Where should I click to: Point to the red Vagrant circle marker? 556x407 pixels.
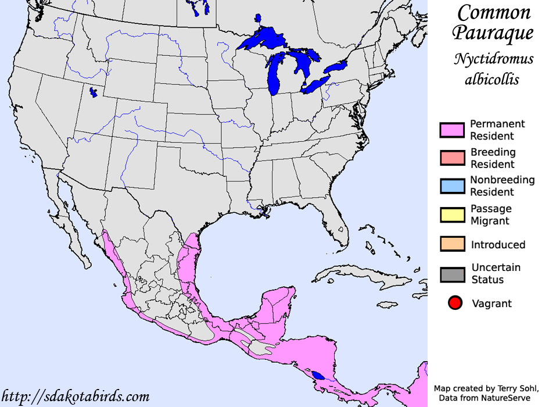(x=455, y=303)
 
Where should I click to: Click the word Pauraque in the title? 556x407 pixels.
(x=493, y=33)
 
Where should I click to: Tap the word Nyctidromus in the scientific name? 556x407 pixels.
(x=494, y=59)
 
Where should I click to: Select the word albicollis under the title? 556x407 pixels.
(x=492, y=78)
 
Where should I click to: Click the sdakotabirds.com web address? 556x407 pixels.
(x=75, y=397)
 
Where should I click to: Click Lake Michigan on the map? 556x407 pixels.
(x=274, y=73)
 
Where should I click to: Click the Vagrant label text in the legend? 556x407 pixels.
(x=492, y=303)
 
